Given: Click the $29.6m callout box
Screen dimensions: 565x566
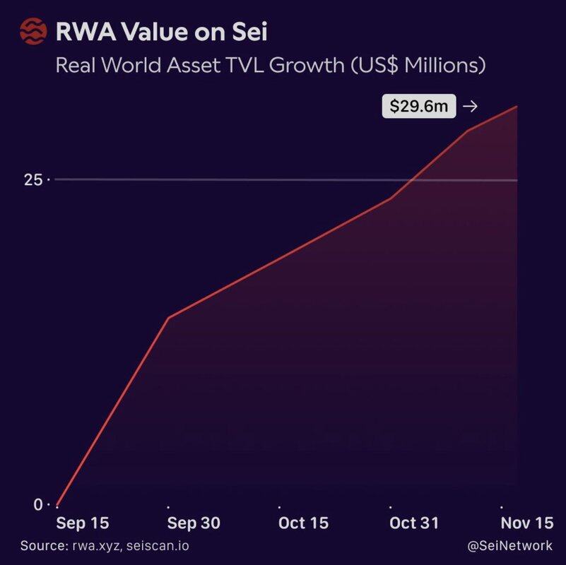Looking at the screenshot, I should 418,107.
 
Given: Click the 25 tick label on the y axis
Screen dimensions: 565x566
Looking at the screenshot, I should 33,180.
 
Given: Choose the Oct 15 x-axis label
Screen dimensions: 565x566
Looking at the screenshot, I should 303,523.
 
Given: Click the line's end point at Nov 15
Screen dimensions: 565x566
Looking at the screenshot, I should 517,107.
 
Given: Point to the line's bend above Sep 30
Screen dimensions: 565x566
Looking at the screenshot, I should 168,318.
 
